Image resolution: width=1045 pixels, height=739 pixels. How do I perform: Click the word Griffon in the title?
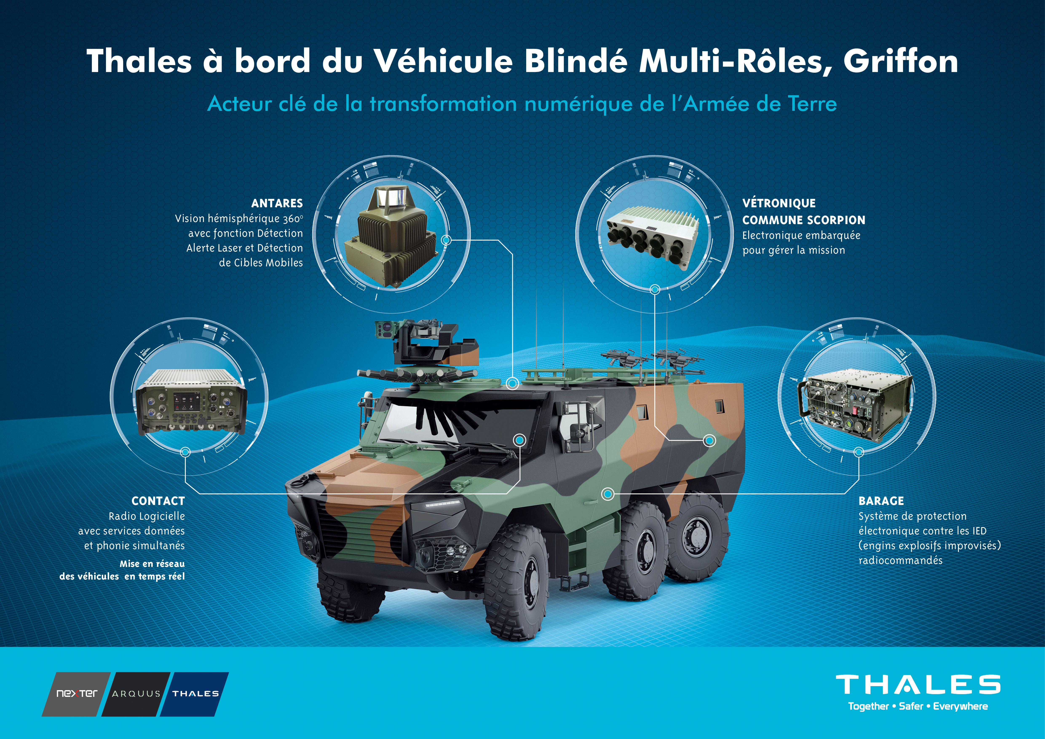point(901,61)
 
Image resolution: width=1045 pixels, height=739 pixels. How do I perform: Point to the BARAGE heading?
point(881,501)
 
